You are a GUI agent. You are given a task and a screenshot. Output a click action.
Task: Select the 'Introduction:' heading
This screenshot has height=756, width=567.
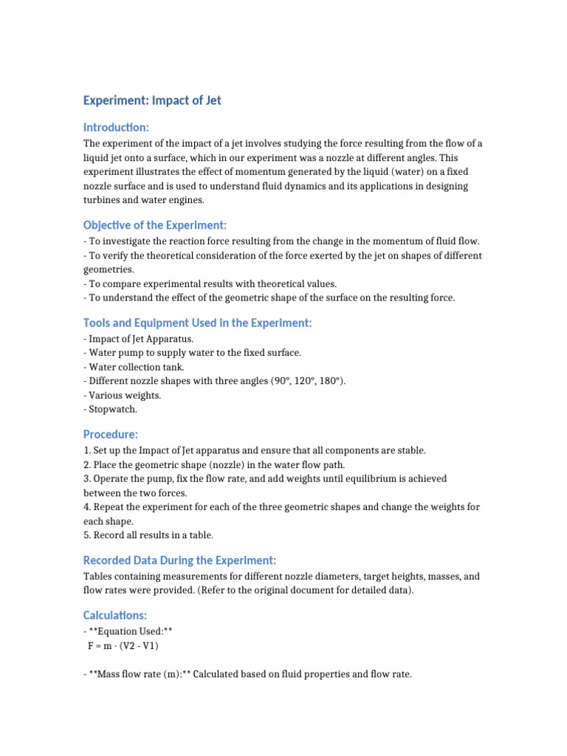116,128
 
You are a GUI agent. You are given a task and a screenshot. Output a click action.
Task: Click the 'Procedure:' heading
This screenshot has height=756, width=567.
111,434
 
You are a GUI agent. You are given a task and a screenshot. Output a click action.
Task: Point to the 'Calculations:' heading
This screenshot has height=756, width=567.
115,614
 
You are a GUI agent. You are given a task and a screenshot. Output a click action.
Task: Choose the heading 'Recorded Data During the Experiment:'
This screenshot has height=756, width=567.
179,560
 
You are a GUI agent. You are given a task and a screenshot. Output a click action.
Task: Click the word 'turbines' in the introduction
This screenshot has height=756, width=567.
103,199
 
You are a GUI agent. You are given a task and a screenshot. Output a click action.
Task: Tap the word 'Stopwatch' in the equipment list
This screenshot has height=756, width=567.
113,408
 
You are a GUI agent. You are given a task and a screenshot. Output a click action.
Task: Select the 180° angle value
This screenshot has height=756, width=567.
330,381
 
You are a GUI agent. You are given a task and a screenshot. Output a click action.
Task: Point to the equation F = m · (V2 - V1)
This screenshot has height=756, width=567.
123,646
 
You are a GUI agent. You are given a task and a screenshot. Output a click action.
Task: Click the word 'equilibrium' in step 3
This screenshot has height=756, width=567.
357,478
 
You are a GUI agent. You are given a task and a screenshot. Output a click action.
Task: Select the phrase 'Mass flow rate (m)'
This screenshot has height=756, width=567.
142,674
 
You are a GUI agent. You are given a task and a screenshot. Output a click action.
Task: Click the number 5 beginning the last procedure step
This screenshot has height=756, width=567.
86,535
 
